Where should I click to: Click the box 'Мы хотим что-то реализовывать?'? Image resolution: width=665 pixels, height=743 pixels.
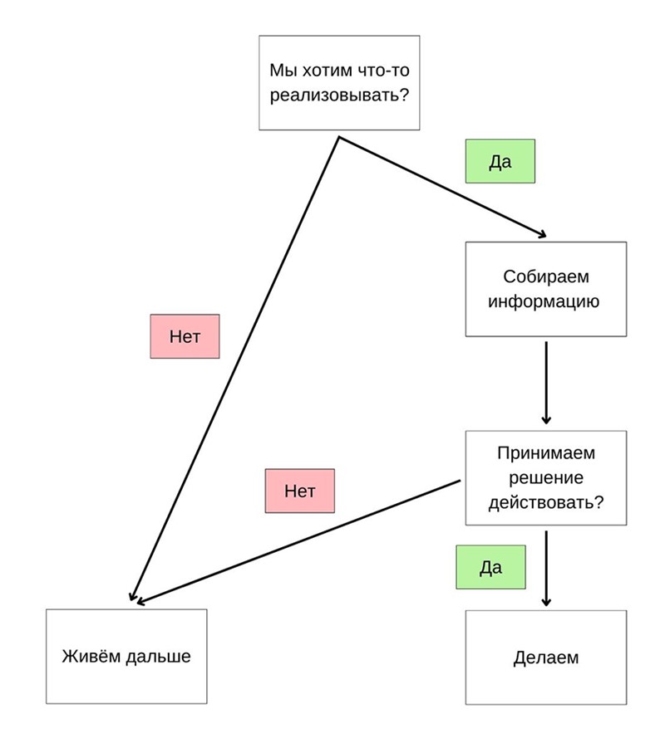click(339, 82)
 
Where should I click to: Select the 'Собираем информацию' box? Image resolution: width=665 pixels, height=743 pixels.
click(545, 289)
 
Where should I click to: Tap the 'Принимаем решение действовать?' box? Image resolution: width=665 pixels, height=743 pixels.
click(545, 477)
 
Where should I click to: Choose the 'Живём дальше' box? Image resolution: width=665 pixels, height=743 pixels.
click(126, 657)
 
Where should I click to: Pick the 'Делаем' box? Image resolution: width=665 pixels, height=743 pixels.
click(545, 657)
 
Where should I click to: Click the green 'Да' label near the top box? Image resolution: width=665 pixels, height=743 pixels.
click(500, 161)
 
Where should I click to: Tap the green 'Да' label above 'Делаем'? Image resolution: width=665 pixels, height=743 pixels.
click(490, 567)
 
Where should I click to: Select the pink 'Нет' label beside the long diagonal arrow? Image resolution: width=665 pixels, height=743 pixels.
click(185, 336)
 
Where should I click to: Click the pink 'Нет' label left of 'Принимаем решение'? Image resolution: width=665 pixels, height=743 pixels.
click(300, 491)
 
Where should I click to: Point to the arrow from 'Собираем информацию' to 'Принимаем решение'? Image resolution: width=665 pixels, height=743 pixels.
click(546, 383)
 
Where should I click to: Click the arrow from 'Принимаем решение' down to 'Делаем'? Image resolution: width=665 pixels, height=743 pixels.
click(546, 568)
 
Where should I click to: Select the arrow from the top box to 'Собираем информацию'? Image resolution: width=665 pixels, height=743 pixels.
click(442, 187)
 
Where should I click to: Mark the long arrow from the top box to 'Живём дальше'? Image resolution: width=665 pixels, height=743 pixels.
click(234, 369)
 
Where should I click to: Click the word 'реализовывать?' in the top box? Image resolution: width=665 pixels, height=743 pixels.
click(339, 95)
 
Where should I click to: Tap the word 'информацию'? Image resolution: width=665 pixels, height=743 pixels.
click(544, 301)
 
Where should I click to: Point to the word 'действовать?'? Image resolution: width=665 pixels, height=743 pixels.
click(546, 502)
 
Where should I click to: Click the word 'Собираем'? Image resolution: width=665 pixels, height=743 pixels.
click(546, 276)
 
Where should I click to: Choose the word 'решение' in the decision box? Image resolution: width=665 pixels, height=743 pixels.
click(546, 477)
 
